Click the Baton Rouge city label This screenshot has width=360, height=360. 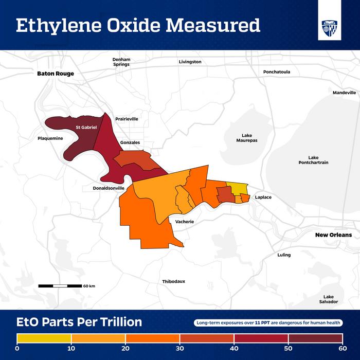[x=56, y=74]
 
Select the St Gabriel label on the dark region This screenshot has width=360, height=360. [x=86, y=127]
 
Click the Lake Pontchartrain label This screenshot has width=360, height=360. [x=313, y=160]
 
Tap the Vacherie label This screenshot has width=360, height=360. [x=184, y=221]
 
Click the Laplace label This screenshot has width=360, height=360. [x=263, y=197]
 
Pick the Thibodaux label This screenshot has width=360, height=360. [x=173, y=281]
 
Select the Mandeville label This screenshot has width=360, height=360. [x=344, y=93]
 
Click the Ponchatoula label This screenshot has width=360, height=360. [x=277, y=72]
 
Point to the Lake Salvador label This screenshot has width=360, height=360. [x=328, y=299]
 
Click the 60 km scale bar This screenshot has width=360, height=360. [x=60, y=285]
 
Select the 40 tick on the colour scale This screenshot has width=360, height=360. [x=234, y=348]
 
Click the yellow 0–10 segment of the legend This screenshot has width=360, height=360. [x=44, y=338]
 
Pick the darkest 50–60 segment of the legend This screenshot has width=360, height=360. [x=315, y=338]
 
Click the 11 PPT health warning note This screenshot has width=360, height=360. [x=268, y=323]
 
